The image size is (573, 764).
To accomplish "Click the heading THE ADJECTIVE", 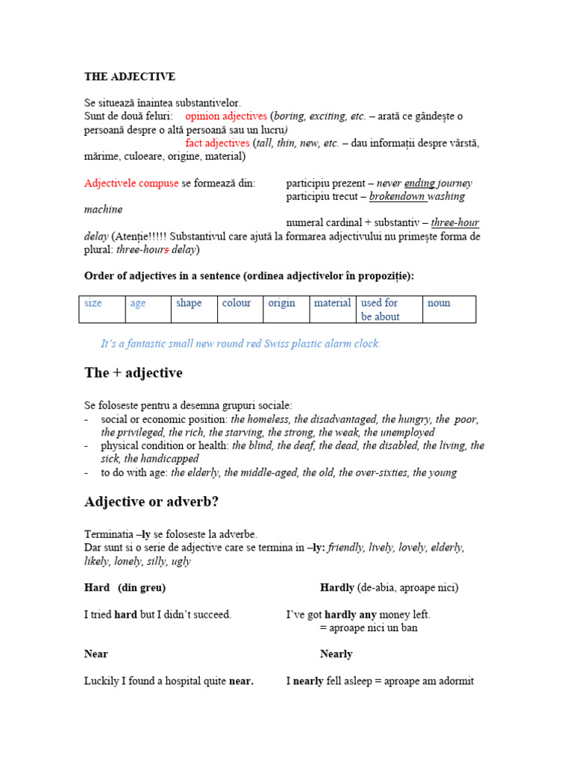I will click(x=130, y=77).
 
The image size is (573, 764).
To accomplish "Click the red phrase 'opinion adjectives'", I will click(x=226, y=116).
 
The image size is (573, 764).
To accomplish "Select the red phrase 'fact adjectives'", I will click(x=217, y=143).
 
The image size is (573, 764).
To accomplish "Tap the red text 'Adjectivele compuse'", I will click(x=131, y=184).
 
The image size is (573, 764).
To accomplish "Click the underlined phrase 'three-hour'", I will click(x=454, y=223).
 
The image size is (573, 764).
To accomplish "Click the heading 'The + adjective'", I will click(x=134, y=373).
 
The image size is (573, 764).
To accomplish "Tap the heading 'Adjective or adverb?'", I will click(x=151, y=502).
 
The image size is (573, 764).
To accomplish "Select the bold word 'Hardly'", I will click(x=337, y=588).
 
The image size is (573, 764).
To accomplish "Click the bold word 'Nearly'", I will click(x=336, y=654).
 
